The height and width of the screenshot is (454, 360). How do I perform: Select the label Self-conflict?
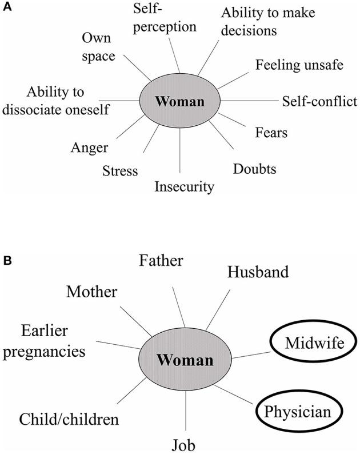click(319, 101)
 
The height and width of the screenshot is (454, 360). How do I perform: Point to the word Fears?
click(271, 134)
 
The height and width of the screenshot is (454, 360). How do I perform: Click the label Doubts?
click(255, 169)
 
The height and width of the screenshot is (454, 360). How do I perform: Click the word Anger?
click(90, 147)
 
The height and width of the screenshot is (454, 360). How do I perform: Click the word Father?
click(161, 261)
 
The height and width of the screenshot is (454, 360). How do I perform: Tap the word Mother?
click(91, 292)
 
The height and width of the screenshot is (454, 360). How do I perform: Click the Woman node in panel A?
click(180, 102)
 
